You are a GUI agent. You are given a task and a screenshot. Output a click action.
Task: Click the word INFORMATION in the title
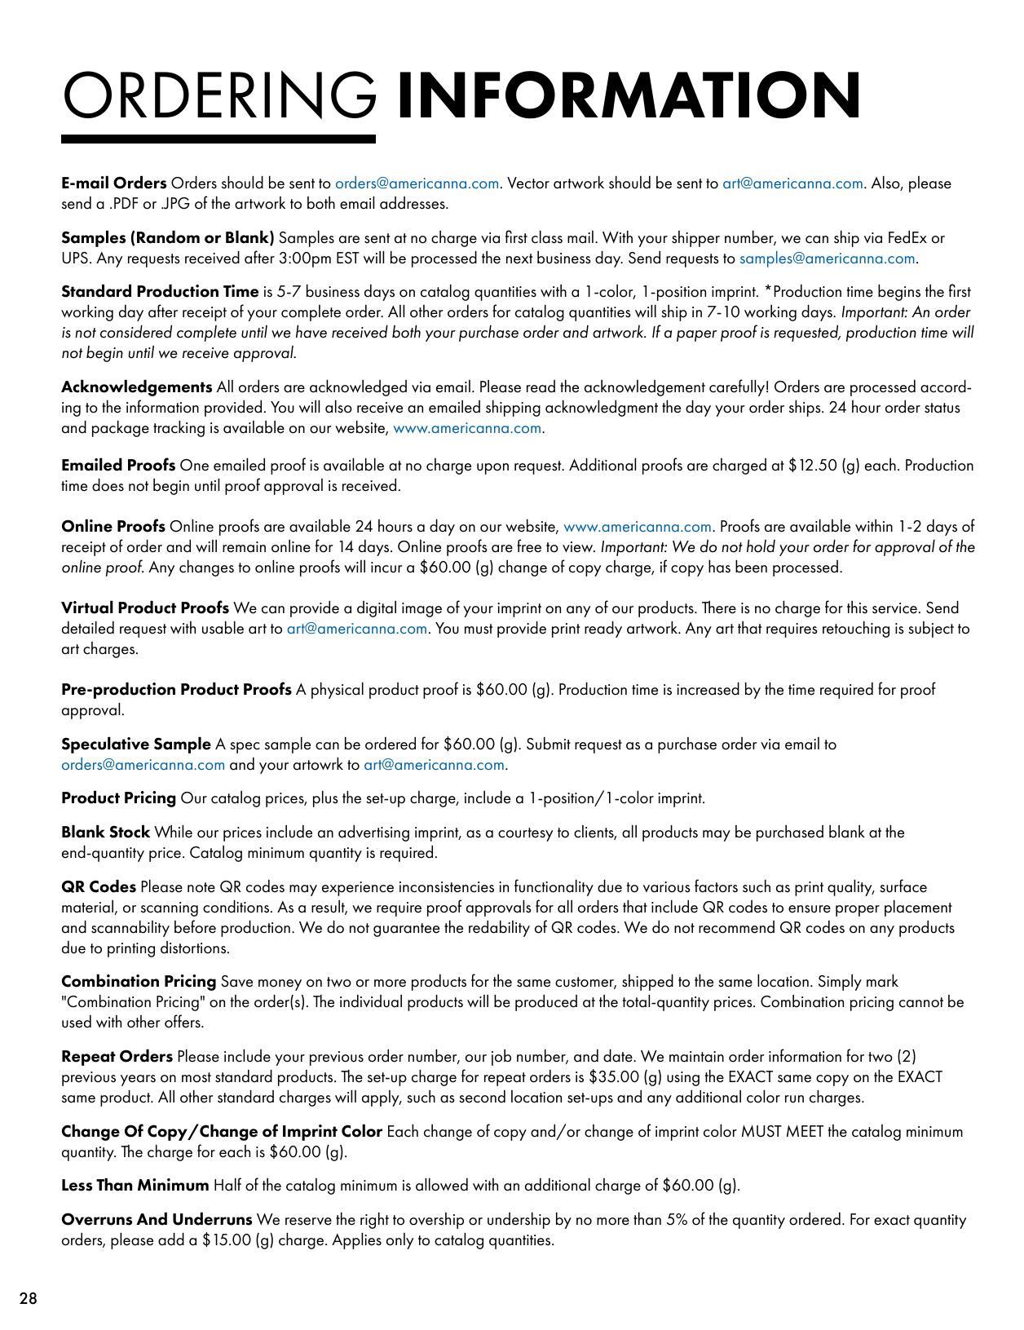[628, 96]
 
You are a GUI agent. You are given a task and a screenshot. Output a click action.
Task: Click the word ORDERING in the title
[219, 96]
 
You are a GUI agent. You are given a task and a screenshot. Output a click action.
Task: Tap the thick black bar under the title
[218, 139]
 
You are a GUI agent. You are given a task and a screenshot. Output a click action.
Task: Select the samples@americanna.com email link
[827, 258]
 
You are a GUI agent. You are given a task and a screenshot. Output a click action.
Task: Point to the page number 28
[29, 1299]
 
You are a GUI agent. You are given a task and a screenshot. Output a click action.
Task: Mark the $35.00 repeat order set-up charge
[614, 1077]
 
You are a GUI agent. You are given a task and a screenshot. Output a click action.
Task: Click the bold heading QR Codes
[98, 886]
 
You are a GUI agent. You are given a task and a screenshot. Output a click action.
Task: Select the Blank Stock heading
[105, 832]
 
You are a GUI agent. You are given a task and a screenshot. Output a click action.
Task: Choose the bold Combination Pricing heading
[139, 981]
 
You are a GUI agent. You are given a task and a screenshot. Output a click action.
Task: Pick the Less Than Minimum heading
[135, 1185]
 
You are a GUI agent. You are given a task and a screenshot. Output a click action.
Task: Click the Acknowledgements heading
[136, 387]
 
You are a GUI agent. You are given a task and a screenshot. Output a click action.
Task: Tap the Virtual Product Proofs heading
[144, 608]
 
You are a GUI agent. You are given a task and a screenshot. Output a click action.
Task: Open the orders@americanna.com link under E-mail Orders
[417, 183]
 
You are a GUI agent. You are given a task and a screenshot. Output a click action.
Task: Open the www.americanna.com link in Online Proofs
[637, 527]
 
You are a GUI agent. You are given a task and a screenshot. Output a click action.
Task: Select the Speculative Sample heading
[135, 744]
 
